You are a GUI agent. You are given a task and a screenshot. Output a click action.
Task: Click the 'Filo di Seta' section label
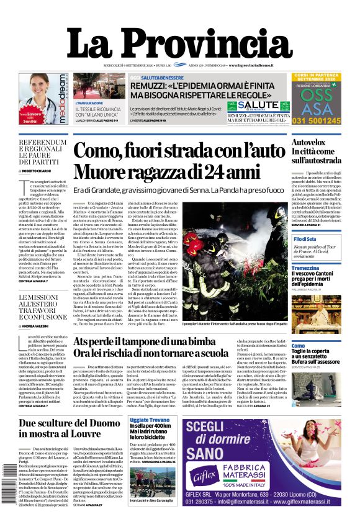(305, 239)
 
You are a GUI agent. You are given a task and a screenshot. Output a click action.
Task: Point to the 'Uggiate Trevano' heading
(149, 420)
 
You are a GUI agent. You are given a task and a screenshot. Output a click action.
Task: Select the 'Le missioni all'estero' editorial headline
(42, 307)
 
